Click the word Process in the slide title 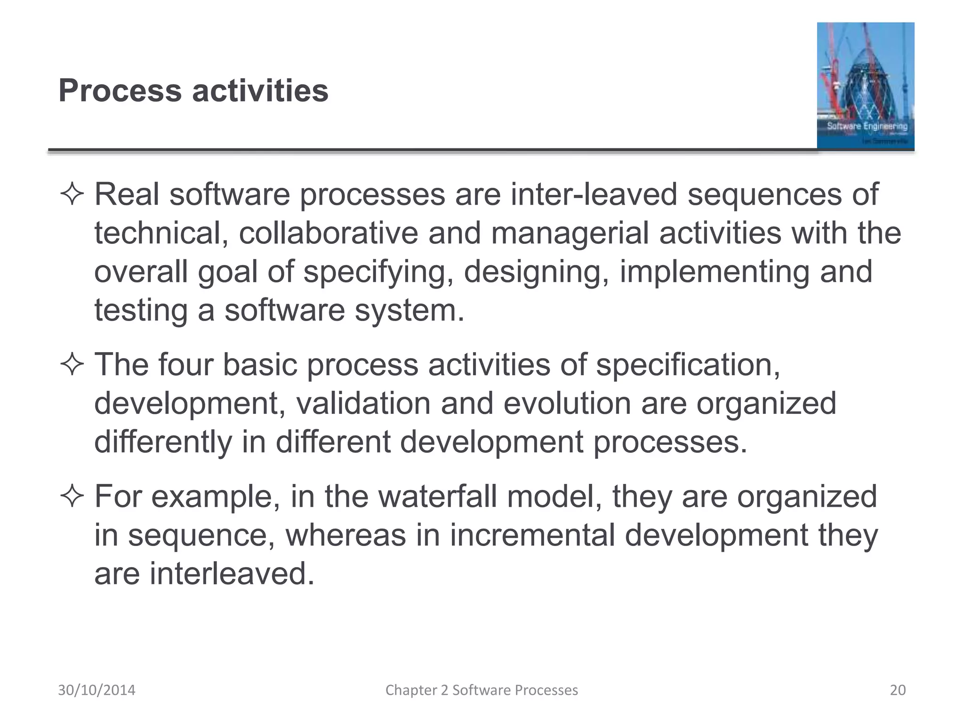point(120,90)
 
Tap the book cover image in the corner point(865,86)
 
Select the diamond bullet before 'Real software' point(72,194)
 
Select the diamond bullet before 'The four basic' point(72,365)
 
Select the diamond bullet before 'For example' point(72,497)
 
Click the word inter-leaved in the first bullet point(594,194)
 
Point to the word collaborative point(328,233)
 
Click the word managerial point(570,233)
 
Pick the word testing point(141,311)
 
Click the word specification point(688,365)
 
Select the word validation point(363,403)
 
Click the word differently point(163,442)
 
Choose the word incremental point(532,535)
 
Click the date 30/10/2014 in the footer point(96,690)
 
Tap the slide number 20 point(898,690)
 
